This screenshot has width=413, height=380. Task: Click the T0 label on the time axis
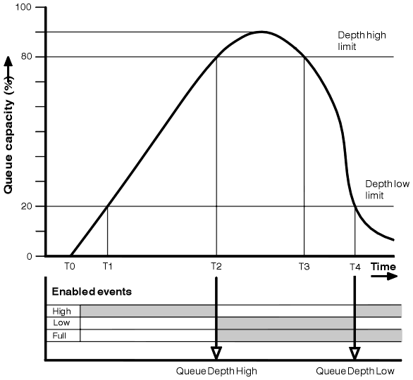69,267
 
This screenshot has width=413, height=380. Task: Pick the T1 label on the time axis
107,267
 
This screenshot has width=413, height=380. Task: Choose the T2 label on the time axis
216,267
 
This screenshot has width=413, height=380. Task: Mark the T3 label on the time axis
304,267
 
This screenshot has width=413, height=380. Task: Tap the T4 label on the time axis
355,267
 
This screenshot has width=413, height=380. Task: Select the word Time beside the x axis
383,267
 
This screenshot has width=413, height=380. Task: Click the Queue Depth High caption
216,371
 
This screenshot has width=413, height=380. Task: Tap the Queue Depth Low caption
355,371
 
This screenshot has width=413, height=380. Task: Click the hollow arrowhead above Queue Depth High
216,354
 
